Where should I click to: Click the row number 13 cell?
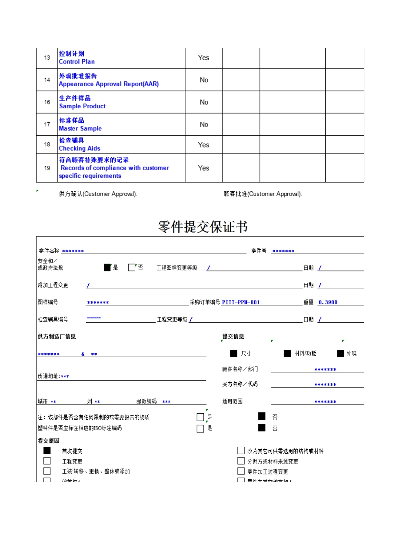tap(47, 58)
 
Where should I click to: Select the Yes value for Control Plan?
tap(203, 58)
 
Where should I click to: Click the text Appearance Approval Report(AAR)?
tap(109, 84)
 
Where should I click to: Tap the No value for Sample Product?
tap(204, 102)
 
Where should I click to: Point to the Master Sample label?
tap(80, 128)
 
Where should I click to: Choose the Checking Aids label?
tap(80, 148)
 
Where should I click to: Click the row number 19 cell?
tap(47, 168)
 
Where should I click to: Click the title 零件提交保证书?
tap(203, 227)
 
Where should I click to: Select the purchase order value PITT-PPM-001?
tap(241, 302)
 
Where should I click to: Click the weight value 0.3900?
tap(328, 302)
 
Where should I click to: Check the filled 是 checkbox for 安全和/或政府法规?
tap(107, 267)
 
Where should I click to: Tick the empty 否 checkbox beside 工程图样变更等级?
tap(132, 267)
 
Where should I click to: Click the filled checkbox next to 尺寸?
tap(234, 353)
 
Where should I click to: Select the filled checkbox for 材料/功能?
tap(287, 353)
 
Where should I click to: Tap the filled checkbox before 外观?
tap(340, 353)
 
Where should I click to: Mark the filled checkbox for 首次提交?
tap(47, 451)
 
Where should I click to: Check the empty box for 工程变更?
tap(47, 461)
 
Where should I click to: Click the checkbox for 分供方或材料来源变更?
tap(241, 461)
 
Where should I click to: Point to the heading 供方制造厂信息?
tap(57, 336)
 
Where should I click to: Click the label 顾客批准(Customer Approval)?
tap(263, 194)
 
